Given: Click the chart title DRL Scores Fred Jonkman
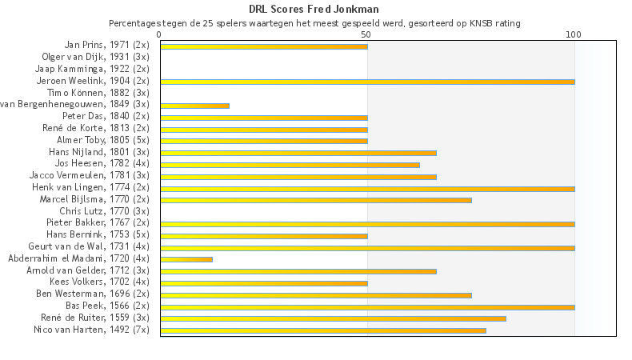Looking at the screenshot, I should coord(314,10).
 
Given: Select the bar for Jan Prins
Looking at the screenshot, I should coord(263,46).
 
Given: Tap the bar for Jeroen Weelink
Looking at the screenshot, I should coord(366,82).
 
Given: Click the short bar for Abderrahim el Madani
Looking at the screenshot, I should coord(186,259).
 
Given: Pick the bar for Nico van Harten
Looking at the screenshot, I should coord(322,330).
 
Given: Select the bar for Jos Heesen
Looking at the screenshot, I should coord(290,165).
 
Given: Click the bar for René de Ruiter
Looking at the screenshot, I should coord(333,318).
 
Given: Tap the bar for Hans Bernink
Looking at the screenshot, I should coord(263,236).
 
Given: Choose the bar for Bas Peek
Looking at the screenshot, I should coord(366,306).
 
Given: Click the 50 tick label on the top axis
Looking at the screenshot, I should coord(366,34).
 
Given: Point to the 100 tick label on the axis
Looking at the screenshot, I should coord(574,34).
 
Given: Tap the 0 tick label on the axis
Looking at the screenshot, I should coord(160,34).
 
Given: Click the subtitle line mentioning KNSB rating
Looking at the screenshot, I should coord(314,23).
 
